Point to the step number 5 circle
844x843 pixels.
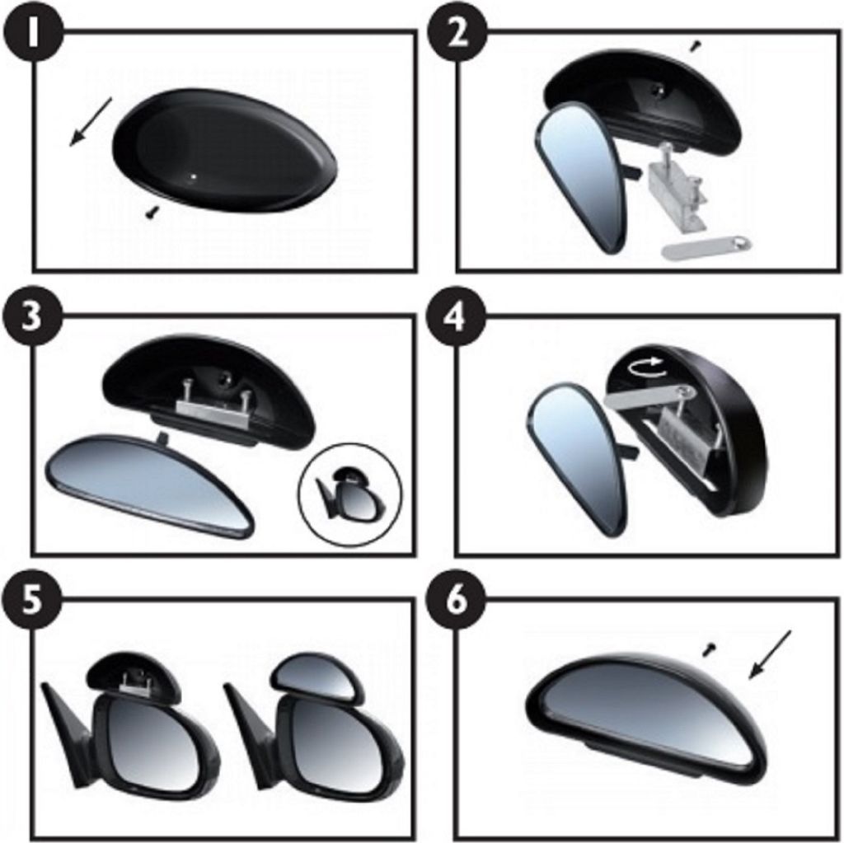[32, 601]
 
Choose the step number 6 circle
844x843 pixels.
[456, 601]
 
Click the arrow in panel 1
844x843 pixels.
[91, 122]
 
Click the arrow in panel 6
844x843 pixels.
[771, 654]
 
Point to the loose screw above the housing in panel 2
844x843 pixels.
[696, 47]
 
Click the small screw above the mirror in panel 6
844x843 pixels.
[710, 649]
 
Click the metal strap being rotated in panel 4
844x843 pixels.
[646, 397]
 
